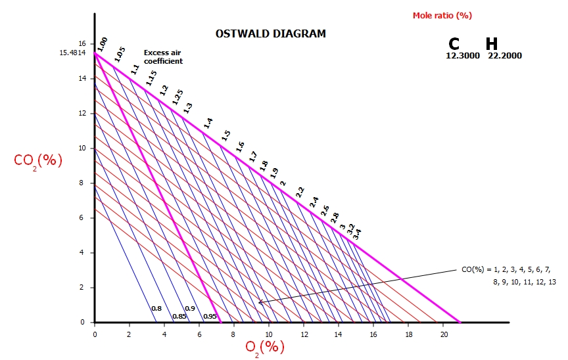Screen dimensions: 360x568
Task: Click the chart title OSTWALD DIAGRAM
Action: tap(270, 34)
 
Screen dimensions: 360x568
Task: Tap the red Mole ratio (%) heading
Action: tap(442, 15)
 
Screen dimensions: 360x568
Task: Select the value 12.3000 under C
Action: tap(463, 56)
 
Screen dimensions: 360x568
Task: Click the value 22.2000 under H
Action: tap(504, 56)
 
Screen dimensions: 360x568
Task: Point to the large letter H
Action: tap(491, 44)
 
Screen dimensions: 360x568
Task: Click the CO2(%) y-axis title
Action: tap(38, 161)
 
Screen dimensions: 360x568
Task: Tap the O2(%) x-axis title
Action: tap(264, 347)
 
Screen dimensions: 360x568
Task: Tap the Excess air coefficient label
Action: tap(162, 57)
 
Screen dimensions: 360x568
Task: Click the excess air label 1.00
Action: tap(102, 45)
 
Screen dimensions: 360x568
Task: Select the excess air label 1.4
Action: tap(208, 123)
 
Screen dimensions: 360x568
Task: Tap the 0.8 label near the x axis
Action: tap(156, 309)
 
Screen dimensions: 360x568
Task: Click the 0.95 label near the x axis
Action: tap(210, 317)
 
